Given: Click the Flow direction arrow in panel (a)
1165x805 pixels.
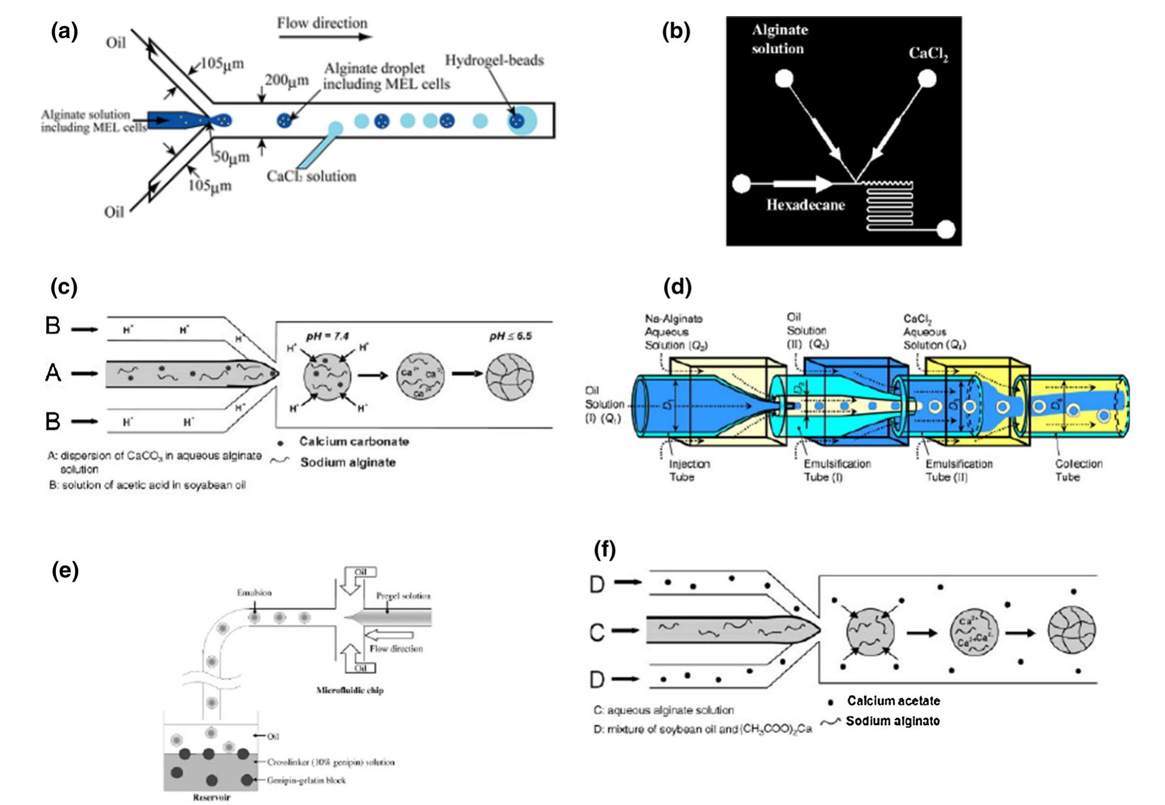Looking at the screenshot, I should click(x=325, y=37).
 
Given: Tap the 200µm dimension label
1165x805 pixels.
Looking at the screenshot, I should click(x=286, y=80).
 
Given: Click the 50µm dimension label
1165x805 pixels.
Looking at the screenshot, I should click(x=232, y=157).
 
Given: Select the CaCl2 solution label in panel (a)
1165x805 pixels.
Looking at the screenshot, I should click(x=311, y=177).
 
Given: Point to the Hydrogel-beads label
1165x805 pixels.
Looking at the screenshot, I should click(x=494, y=60).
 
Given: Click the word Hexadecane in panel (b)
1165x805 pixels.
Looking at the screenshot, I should click(x=805, y=205).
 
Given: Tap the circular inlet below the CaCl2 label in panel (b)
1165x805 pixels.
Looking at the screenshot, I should click(x=926, y=79).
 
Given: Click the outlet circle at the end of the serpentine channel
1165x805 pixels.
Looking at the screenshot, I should click(x=946, y=230).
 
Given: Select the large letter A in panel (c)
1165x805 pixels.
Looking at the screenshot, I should click(x=53, y=373).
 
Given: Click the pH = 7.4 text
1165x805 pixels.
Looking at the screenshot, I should click(x=327, y=336).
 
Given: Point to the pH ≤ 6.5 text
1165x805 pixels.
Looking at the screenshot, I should click(x=510, y=336).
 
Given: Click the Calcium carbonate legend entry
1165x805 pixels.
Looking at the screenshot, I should click(x=353, y=442).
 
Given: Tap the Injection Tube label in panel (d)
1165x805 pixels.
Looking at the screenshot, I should click(x=689, y=470).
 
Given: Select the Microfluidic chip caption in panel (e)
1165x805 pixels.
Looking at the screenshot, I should click(x=350, y=690).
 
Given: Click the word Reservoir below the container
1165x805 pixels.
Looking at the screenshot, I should click(x=211, y=797).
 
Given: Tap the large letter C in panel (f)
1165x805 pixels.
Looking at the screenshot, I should click(x=597, y=633).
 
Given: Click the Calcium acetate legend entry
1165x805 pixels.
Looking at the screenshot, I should click(x=893, y=701).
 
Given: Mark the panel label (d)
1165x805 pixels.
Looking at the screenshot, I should click(x=677, y=288).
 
